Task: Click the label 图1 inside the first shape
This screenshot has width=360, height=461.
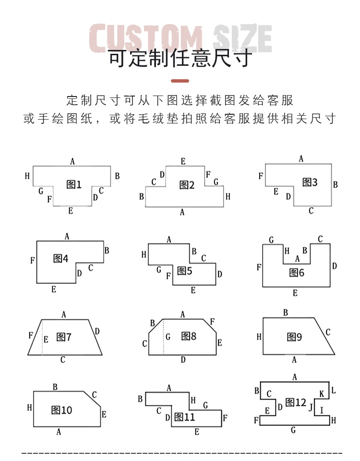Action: tap(73, 184)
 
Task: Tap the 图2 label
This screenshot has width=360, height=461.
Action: tap(187, 185)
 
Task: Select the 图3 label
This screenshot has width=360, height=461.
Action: tap(310, 182)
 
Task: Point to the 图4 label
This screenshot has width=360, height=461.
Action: tap(60, 259)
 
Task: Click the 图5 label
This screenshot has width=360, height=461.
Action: tap(184, 271)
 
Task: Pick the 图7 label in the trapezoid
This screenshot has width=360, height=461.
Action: tap(64, 337)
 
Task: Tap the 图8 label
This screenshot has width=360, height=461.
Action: tap(189, 336)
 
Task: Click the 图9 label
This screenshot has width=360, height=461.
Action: tap(294, 337)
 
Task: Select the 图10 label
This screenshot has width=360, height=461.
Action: tap(61, 410)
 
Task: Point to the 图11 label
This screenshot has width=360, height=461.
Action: tap(185, 417)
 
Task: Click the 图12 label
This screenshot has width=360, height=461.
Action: tap(296, 402)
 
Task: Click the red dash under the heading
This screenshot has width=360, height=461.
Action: tap(180, 81)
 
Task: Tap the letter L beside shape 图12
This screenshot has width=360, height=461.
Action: tap(334, 390)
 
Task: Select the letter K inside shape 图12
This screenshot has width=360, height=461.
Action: tap(322, 394)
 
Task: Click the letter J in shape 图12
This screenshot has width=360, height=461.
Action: tap(311, 408)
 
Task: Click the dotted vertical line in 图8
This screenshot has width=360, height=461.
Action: tap(163, 337)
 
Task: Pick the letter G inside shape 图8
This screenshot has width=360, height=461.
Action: tap(168, 337)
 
